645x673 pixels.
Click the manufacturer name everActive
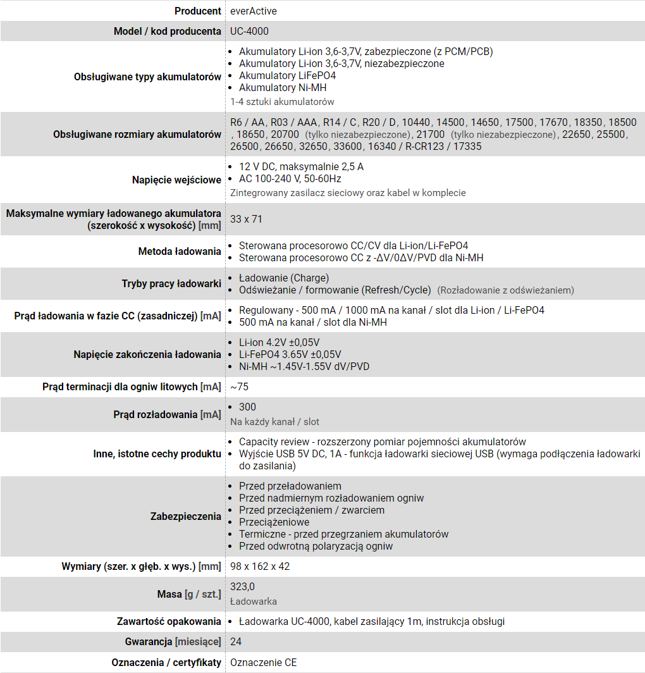point(253,11)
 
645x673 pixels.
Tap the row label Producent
point(197,11)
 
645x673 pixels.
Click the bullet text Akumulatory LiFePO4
point(287,75)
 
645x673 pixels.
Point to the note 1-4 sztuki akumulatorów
point(282,101)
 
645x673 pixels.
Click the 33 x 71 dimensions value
point(246,219)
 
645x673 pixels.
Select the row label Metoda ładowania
point(180,252)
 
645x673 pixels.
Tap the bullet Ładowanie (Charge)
point(284,278)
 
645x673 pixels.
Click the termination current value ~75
point(239,386)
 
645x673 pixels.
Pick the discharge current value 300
point(247,407)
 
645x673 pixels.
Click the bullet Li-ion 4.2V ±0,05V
point(279,342)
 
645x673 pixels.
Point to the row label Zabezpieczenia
point(185,516)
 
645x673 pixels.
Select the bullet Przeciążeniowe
point(274,522)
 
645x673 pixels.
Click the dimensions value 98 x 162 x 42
point(260,566)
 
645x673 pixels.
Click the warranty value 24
point(236,641)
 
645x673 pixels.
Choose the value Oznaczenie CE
point(263,662)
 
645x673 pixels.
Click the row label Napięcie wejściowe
point(176,180)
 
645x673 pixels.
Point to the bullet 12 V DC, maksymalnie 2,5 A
point(301,166)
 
